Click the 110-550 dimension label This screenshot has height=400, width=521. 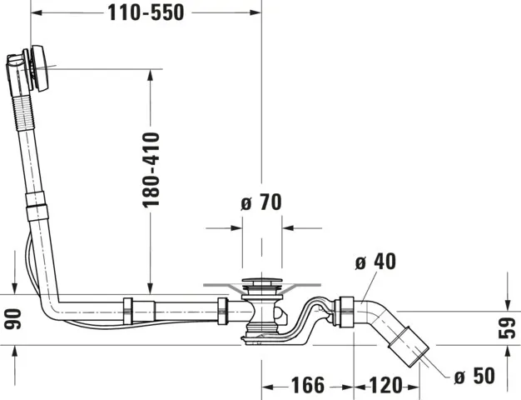pos(146,13)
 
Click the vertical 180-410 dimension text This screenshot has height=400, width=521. pos(151,170)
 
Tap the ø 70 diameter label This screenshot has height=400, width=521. pos(261,202)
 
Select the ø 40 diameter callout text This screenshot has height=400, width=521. pos(375,261)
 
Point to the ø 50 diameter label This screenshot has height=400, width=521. pos(474,376)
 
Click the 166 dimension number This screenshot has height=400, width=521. pos(308,385)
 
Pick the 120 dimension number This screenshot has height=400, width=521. pos(385,385)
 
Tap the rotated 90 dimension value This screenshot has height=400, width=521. pos(12,319)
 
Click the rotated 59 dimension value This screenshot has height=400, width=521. pos(507,328)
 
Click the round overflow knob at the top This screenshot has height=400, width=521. pos(41,68)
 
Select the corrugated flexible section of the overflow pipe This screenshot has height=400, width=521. pos(24,113)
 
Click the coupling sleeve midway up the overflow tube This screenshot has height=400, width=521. pos(37,206)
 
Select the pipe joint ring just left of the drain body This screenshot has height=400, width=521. pos(222,311)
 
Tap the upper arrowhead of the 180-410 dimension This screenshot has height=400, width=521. pos(150,75)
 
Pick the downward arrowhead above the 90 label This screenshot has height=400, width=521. pos(15,288)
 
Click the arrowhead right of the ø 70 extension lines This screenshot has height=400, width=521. pos(288,228)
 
